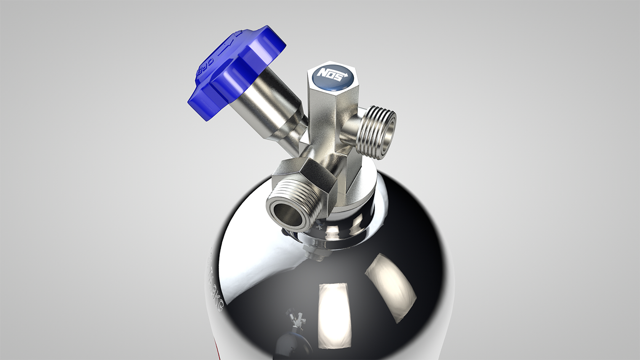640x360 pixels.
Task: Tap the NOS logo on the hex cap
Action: coord(331,73)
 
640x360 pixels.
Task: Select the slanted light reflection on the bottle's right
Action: coord(390,286)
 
